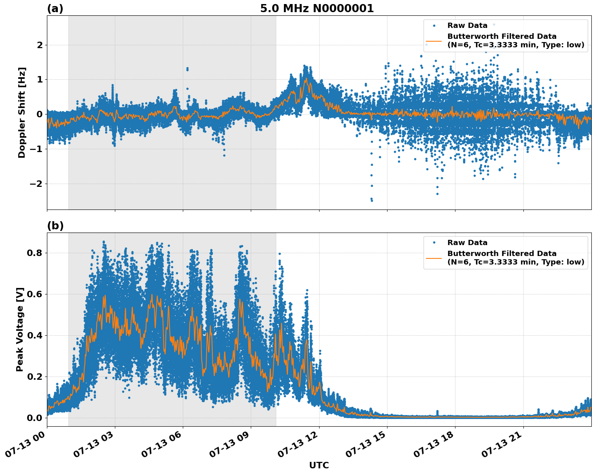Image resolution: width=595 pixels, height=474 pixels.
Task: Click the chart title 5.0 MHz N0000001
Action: click(x=317, y=8)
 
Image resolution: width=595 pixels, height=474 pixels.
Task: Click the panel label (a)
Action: click(x=55, y=8)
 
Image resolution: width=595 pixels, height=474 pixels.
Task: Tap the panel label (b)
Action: click(x=55, y=226)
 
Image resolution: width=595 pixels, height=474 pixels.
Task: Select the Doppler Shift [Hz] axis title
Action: click(x=22, y=112)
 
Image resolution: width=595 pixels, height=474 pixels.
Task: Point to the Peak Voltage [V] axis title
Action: click(x=20, y=329)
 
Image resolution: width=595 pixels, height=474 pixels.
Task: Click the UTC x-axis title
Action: click(x=319, y=465)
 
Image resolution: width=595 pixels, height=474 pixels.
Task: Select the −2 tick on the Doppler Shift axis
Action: click(x=34, y=184)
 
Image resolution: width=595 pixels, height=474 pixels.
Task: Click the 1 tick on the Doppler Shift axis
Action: click(x=40, y=79)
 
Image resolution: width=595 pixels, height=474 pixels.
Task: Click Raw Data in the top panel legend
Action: click(x=467, y=25)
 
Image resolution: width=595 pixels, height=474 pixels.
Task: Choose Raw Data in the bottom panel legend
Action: click(x=467, y=243)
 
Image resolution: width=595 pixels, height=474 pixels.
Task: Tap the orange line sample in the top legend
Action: click(x=434, y=40)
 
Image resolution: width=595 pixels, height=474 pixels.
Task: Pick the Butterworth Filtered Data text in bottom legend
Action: click(x=502, y=254)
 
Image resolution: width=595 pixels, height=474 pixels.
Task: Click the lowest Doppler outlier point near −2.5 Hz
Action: click(x=372, y=200)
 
